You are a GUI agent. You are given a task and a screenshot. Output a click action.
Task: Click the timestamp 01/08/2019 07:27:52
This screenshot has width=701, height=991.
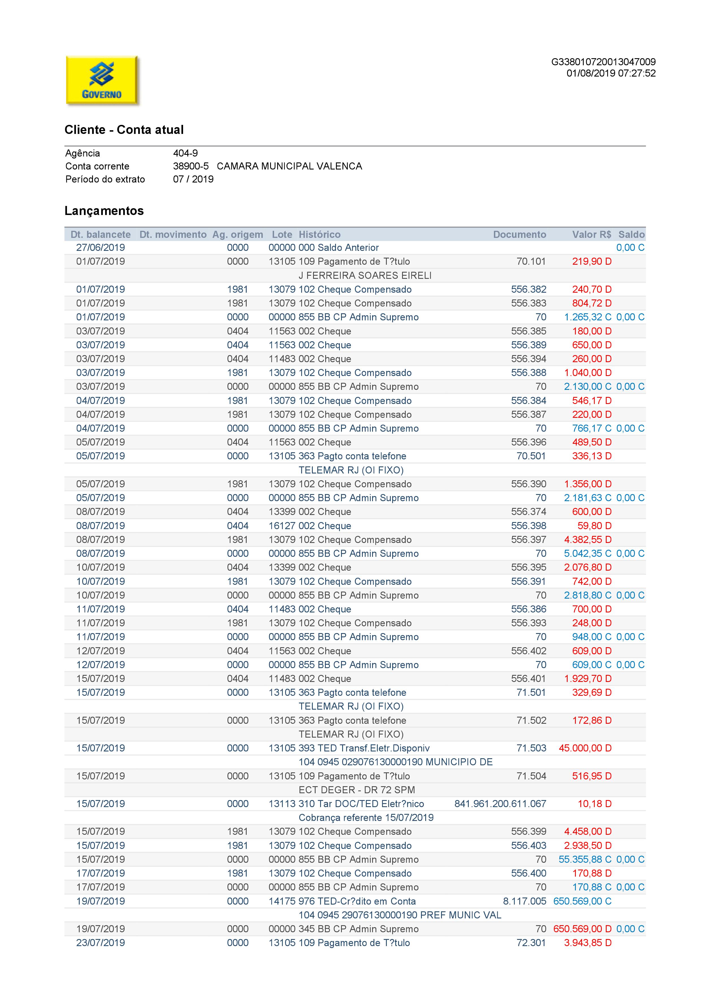611,73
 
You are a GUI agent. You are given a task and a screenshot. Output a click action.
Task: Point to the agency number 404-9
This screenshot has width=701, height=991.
185,153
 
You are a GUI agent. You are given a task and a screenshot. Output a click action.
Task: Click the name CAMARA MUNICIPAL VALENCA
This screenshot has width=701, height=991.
289,166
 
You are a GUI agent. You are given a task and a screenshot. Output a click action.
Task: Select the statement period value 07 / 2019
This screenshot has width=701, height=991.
193,179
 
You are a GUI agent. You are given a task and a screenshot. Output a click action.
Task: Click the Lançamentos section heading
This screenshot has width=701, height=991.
104,211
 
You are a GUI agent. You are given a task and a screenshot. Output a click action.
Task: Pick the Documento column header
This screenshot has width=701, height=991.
519,234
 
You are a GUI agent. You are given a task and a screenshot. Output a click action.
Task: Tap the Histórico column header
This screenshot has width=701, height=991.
320,234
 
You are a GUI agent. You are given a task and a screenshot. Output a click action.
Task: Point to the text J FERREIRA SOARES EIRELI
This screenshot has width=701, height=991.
365,275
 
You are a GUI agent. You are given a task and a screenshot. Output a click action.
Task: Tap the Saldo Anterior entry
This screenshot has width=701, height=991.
348,248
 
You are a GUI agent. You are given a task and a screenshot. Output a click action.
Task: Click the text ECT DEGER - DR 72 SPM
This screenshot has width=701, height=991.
357,790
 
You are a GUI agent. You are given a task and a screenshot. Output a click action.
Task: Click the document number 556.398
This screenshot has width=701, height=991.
528,526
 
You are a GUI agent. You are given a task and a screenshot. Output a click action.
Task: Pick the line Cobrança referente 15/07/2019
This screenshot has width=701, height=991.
366,818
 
